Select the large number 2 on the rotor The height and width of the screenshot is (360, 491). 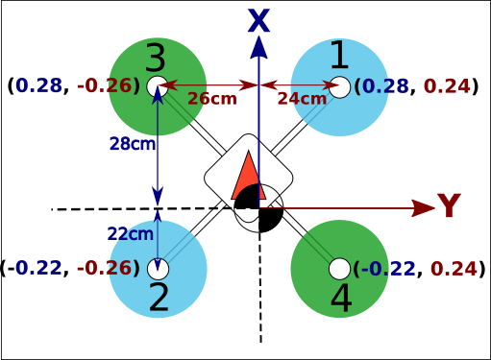(x=159, y=298)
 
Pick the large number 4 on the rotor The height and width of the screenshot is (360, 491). (x=340, y=299)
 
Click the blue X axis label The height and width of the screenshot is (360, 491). (x=258, y=21)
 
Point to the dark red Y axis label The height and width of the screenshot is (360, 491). (x=449, y=206)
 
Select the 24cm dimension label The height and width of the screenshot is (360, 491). (x=301, y=98)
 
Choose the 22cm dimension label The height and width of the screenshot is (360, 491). (x=131, y=233)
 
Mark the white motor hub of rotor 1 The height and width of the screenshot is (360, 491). (x=339, y=86)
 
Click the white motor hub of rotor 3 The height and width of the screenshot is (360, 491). (x=159, y=86)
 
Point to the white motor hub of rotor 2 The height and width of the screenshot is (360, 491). (x=159, y=267)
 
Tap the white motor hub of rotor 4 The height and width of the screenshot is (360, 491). (x=339, y=267)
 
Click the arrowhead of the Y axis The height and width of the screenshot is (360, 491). (x=424, y=206)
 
